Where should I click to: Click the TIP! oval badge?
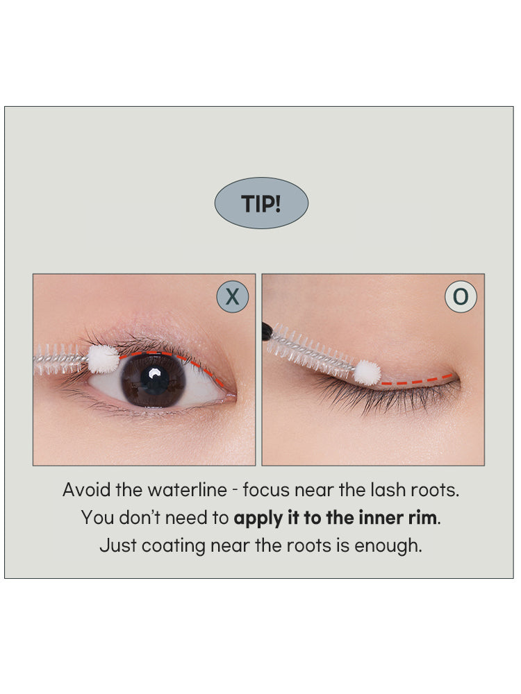point(260,203)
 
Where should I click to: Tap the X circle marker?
point(232,297)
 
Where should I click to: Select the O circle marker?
point(461,297)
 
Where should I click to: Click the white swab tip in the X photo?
point(104,359)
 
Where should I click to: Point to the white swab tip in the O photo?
point(367,372)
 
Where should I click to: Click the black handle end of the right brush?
point(267,332)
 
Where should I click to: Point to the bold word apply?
point(254,518)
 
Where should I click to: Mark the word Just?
point(117,545)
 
